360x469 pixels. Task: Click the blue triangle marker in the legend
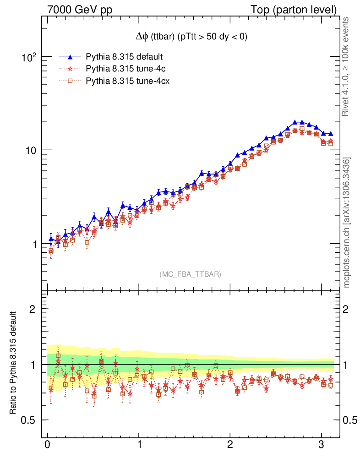70,57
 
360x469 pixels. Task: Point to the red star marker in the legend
70,69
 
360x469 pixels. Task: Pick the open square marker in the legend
70,82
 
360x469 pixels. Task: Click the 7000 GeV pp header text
80,10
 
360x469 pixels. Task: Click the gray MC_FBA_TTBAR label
190,274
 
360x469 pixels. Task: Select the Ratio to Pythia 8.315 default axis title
14,363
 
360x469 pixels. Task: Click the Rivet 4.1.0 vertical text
346,66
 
